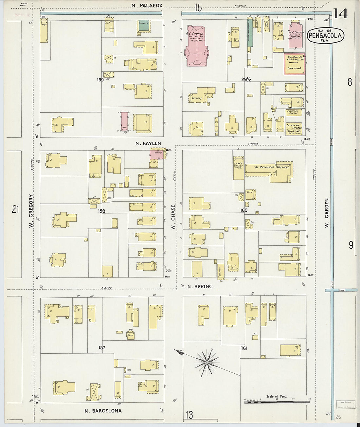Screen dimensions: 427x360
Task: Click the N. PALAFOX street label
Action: pyautogui.click(x=147, y=5)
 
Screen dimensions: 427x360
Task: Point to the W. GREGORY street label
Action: pyautogui.click(x=31, y=211)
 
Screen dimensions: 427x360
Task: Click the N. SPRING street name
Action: pyautogui.click(x=200, y=287)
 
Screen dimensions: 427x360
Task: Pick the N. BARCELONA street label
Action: pyautogui.click(x=103, y=411)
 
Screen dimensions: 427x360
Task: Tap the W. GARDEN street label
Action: pyautogui.click(x=326, y=213)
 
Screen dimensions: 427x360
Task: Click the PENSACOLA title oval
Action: pyautogui.click(x=325, y=36)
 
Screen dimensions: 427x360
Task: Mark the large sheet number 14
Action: pyautogui.click(x=340, y=13)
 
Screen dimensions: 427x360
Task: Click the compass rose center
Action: pyautogui.click(x=207, y=363)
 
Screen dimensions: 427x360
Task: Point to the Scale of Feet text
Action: pyautogui.click(x=276, y=396)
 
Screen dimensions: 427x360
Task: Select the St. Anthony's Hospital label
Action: pyautogui.click(x=272, y=167)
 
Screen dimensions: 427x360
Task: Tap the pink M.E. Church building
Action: pyautogui.click(x=296, y=36)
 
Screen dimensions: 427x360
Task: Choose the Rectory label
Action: pyautogui.click(x=197, y=98)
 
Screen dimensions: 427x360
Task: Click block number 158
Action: pyautogui.click(x=101, y=211)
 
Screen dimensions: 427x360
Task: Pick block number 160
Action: pyautogui.click(x=243, y=210)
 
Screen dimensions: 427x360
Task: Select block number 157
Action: pyautogui.click(x=102, y=347)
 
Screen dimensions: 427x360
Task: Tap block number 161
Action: pyautogui.click(x=244, y=348)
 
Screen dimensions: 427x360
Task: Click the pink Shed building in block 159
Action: pyautogui.click(x=125, y=121)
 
